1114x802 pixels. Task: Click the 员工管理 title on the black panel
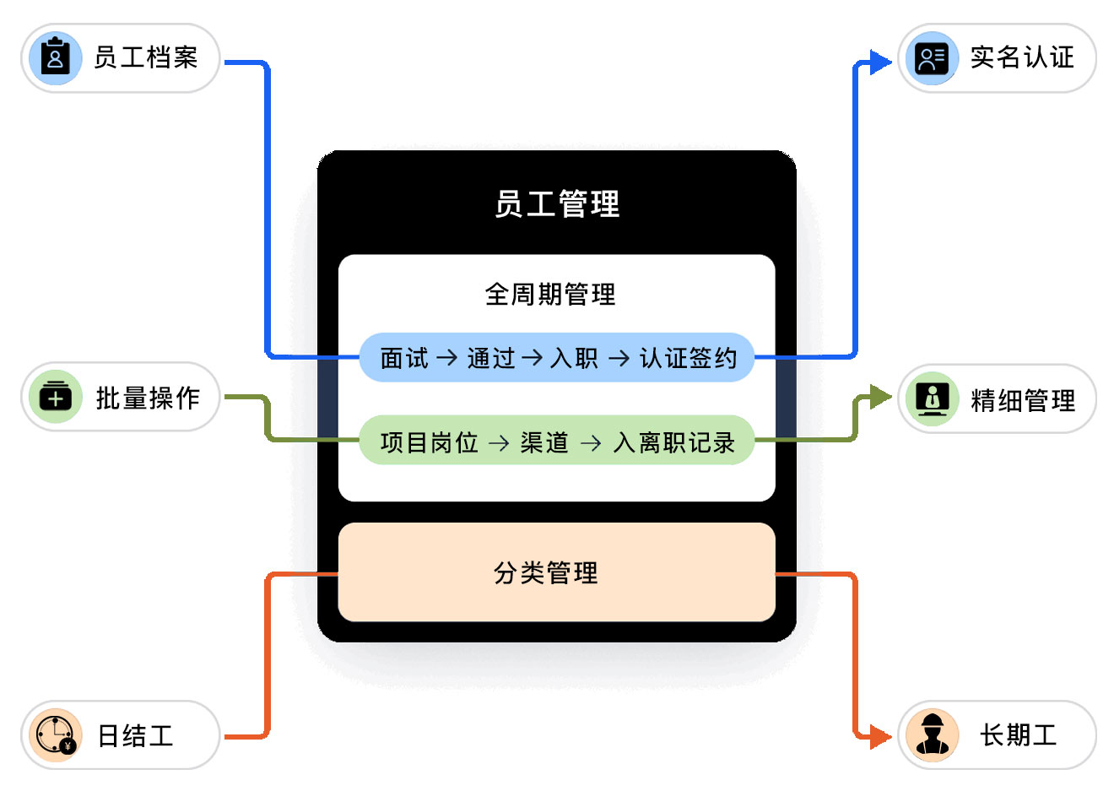(557, 204)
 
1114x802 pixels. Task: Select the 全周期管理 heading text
(550, 295)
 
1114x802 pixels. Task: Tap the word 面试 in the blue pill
(404, 358)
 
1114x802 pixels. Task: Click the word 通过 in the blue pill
(491, 358)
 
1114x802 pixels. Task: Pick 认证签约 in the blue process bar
(688, 358)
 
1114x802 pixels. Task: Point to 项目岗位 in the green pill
(429, 442)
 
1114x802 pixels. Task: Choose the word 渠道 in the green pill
(544, 442)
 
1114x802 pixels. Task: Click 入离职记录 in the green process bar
(674, 442)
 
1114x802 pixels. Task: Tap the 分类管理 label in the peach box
(546, 573)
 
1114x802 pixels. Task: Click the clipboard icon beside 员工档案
(56, 58)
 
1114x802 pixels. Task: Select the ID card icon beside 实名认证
(932, 58)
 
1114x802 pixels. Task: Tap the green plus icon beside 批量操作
(56, 397)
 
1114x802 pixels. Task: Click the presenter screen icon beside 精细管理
(932, 398)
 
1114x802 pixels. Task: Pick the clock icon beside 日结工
(56, 735)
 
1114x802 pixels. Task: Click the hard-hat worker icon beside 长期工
(932, 735)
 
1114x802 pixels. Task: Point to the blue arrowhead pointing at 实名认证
(880, 62)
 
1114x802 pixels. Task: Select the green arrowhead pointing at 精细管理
(880, 397)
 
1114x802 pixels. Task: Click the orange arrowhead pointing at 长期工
(880, 737)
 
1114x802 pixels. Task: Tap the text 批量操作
(148, 398)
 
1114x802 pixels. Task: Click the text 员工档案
(146, 58)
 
